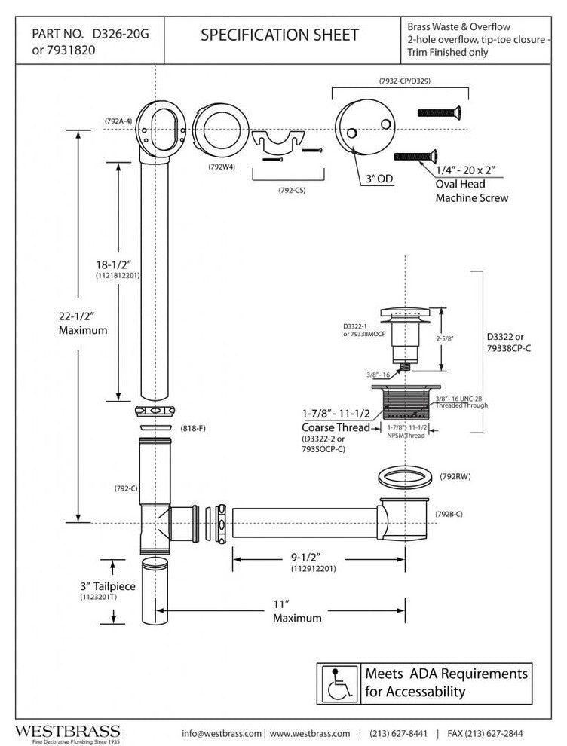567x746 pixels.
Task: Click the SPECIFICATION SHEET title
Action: click(x=279, y=35)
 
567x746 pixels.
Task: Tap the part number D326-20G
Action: click(x=119, y=33)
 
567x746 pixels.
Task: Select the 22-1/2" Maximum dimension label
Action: click(x=84, y=323)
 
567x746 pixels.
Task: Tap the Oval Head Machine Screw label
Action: click(x=472, y=191)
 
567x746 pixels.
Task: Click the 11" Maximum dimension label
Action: click(x=297, y=610)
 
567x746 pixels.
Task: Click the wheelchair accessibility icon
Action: click(x=336, y=682)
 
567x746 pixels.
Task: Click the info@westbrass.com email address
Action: click(x=222, y=733)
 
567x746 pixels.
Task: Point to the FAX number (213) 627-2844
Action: click(x=495, y=733)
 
